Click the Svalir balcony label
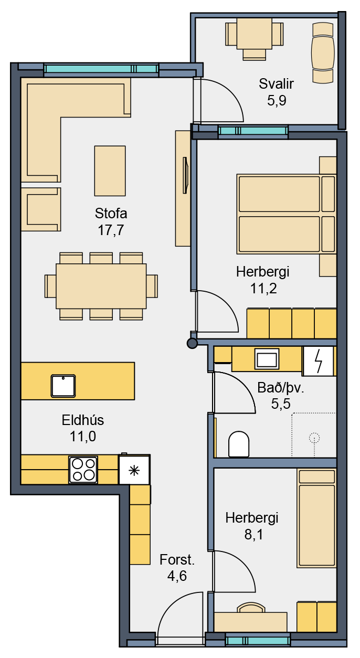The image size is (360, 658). click(276, 84)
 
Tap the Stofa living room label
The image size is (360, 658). click(111, 213)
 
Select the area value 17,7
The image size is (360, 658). click(111, 230)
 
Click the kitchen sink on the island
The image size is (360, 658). click(63, 386)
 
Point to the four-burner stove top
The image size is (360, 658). click(83, 470)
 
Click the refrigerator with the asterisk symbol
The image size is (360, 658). click(134, 470)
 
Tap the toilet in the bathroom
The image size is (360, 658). click(239, 444)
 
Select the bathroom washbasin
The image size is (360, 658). click(267, 358)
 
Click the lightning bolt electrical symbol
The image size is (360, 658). click(318, 361)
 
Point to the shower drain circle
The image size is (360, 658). click(314, 438)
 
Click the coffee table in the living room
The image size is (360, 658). click(110, 171)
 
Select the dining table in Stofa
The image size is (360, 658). click(101, 286)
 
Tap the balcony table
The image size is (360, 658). click(254, 34)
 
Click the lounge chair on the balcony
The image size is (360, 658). click(323, 53)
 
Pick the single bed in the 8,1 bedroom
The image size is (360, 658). click(317, 518)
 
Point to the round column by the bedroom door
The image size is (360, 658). click(192, 343)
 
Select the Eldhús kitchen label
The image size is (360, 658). click(83, 420)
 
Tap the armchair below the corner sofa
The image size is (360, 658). click(41, 209)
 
